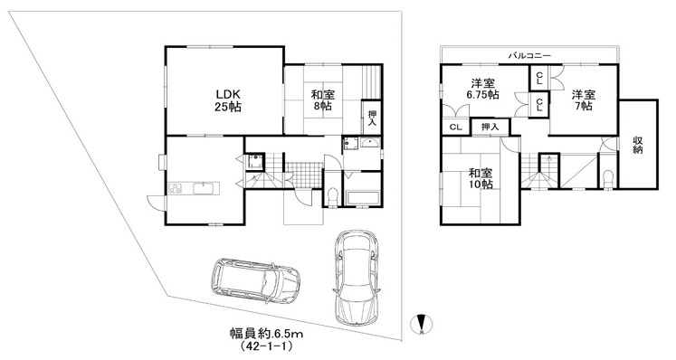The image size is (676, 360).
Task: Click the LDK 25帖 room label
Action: pos(228,100)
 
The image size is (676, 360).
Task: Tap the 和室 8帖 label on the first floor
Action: pos(323,100)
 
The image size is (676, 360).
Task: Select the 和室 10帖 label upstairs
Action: pos(481,178)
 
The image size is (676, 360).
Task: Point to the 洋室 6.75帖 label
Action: pos(482,89)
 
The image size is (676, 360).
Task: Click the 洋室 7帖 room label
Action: pos(584,100)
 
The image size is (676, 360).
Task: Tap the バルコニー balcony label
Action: pos(529,55)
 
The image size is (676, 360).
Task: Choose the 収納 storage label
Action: pos(638,145)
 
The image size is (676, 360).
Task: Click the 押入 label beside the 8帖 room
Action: pos(372,118)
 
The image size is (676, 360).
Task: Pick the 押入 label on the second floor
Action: pos(490,128)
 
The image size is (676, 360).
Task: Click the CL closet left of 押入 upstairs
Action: pos(456,128)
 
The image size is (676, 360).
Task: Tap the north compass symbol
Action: pos(422,324)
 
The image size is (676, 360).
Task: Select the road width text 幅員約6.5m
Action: pos(266,333)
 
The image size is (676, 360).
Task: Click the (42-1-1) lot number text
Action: pos(266,346)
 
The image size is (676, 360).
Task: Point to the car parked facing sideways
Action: pos(256,280)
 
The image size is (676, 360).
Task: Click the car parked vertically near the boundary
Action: pos(357,278)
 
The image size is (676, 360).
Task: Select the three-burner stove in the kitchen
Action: pos(175,188)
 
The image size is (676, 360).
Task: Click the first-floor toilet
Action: pos(332,197)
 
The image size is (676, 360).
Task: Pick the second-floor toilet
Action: pos(608,179)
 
